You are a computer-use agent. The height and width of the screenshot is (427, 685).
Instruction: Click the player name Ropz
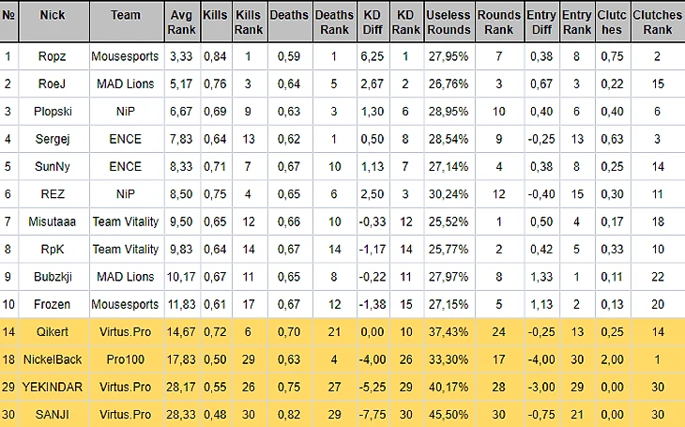click(53, 56)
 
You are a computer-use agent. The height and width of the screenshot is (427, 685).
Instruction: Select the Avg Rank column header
click(181, 23)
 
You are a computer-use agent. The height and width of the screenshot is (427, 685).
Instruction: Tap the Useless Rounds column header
click(448, 23)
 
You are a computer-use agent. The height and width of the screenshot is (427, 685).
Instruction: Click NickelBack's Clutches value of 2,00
click(612, 360)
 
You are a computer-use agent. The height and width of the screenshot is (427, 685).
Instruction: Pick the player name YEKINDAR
click(53, 388)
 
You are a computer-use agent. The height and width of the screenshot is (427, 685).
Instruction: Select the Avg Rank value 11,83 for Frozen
click(181, 305)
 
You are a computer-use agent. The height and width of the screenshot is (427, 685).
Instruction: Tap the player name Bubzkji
click(53, 278)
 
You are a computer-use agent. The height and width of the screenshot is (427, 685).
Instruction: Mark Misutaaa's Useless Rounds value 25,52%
click(448, 221)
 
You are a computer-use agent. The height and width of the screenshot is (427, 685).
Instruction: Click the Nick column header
click(53, 16)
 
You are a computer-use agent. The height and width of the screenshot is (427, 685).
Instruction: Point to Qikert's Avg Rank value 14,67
click(181, 333)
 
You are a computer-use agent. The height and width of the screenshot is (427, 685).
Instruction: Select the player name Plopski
click(53, 112)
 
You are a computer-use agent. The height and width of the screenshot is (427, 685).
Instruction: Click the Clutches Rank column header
click(657, 23)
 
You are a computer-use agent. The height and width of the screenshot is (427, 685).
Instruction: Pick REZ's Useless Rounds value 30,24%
click(448, 194)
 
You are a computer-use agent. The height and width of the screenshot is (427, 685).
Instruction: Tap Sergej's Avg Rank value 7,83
click(181, 139)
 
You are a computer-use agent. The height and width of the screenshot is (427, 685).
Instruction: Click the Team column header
click(125, 16)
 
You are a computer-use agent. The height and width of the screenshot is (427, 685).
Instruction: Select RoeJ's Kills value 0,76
click(215, 84)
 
